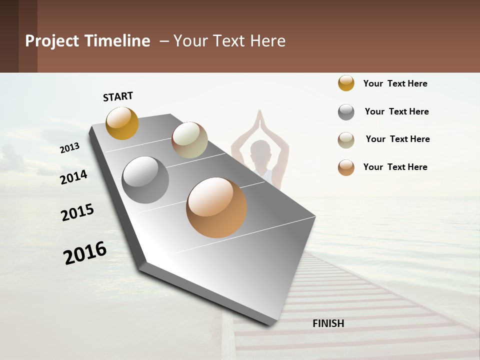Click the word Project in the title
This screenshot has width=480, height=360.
click(52, 41)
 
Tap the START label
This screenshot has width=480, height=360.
click(118, 96)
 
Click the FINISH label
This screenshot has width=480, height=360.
click(328, 323)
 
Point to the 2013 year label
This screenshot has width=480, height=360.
click(70, 148)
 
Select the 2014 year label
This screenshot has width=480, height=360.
click(74, 177)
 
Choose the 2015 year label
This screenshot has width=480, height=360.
click(77, 212)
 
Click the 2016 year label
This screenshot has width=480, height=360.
click(85, 253)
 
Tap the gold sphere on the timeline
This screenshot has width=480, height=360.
click(122, 123)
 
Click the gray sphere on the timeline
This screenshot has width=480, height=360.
click(145, 180)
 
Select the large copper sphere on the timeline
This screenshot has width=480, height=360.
click(216, 207)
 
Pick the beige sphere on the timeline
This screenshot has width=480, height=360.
click(189, 140)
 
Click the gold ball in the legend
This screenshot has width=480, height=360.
click(346, 83)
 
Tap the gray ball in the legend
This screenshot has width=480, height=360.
click(346, 112)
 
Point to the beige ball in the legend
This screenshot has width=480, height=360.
click(346, 140)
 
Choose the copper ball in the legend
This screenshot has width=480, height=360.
click(346, 167)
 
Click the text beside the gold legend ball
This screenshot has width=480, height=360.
click(395, 83)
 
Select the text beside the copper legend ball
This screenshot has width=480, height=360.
click(395, 167)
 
